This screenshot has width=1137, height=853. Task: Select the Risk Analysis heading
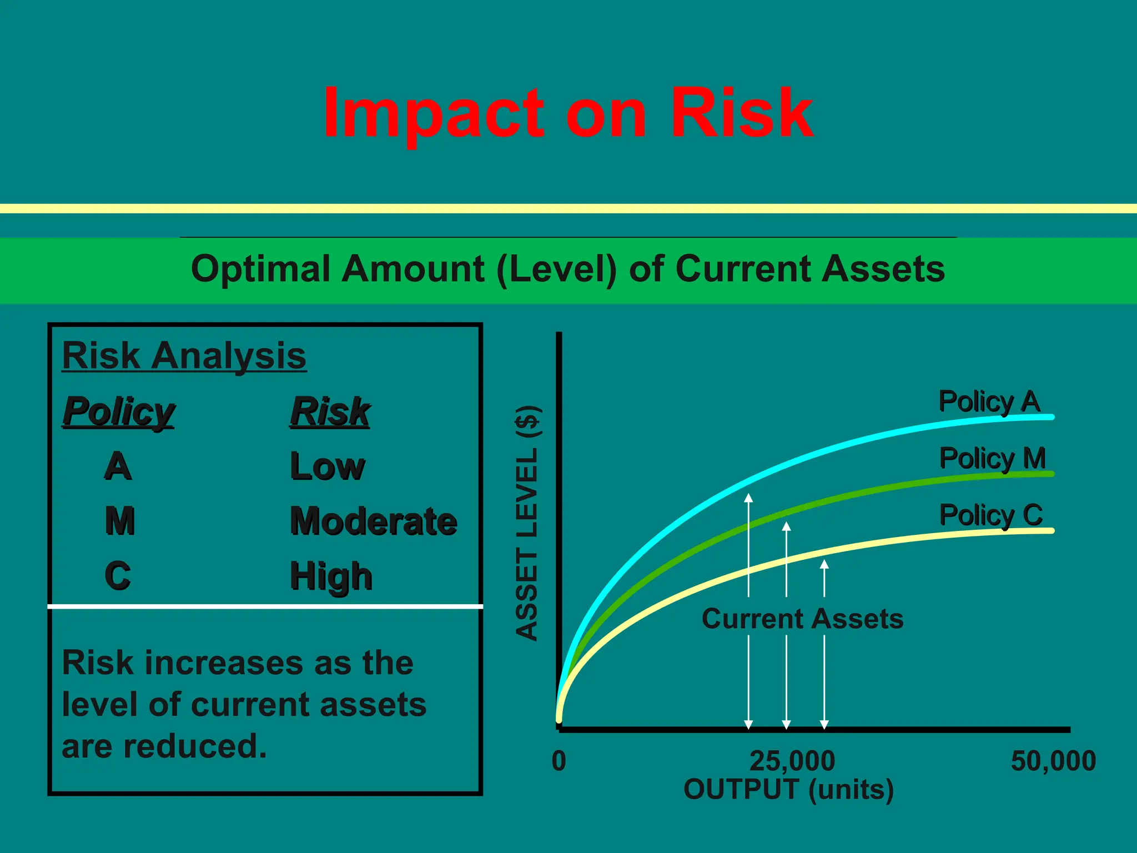click(184, 355)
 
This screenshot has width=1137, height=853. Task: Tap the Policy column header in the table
click(118, 412)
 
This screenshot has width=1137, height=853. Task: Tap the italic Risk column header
click(330, 412)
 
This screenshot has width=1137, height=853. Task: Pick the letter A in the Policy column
click(118, 466)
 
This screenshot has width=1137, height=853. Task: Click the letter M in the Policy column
click(119, 521)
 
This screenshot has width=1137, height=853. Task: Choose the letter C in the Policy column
click(118, 575)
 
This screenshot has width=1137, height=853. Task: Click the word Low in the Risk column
click(328, 466)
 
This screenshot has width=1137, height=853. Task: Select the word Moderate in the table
click(374, 521)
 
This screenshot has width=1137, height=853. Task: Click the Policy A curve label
click(989, 402)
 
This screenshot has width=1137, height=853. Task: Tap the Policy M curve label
click(992, 459)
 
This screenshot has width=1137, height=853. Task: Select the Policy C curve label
click(991, 515)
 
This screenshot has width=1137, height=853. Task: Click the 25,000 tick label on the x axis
click(792, 761)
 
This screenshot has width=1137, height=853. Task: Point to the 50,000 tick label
click(1053, 761)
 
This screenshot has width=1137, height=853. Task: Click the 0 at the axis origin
click(559, 761)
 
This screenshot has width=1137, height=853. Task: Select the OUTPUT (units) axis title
click(788, 789)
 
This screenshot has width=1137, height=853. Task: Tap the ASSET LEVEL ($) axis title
click(527, 524)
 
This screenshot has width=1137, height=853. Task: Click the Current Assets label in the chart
click(802, 619)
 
